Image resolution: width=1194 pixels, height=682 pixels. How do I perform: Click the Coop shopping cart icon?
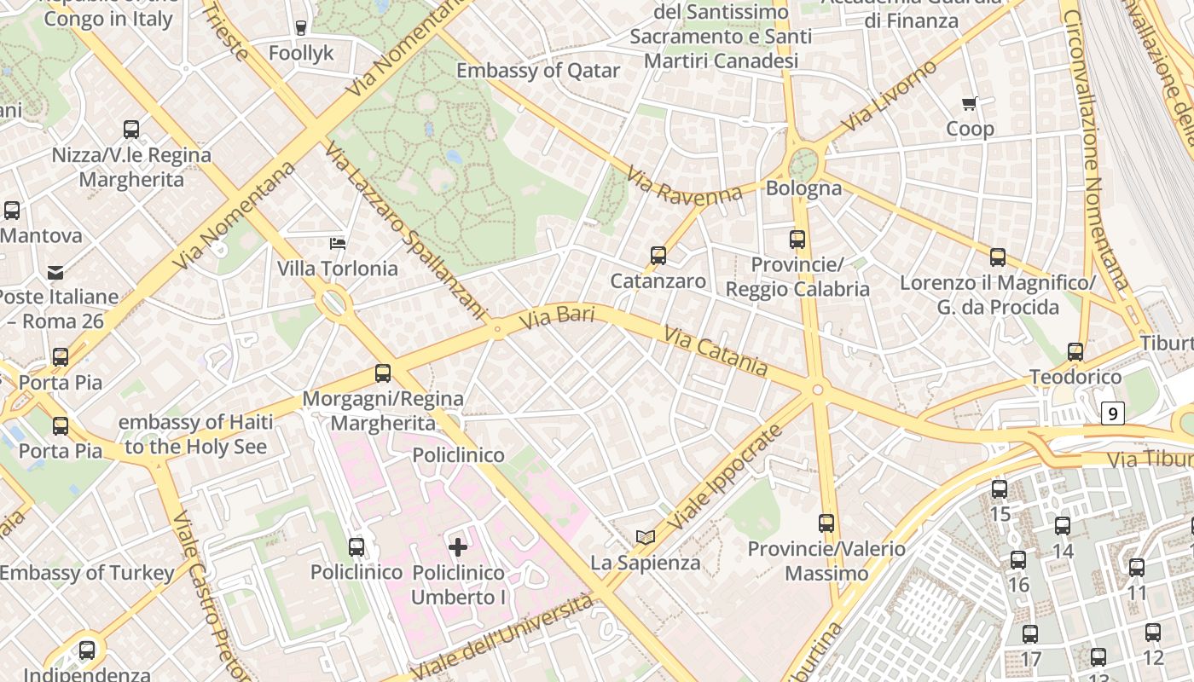click(x=969, y=104)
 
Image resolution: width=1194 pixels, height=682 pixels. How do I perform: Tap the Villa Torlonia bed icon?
click(x=338, y=244)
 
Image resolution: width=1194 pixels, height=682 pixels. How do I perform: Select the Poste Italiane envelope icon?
click(x=55, y=273)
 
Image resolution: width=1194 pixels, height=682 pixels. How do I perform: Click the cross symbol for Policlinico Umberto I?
click(x=458, y=546)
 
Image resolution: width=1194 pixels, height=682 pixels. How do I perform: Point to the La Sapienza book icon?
click(x=646, y=537)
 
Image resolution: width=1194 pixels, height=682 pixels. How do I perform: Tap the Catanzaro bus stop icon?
click(x=658, y=256)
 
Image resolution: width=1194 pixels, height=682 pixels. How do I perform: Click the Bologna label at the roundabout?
click(x=803, y=188)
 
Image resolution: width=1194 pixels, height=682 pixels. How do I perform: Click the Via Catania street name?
click(x=715, y=352)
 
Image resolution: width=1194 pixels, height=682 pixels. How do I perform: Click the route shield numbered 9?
click(x=1112, y=414)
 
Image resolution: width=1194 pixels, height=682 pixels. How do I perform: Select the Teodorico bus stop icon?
click(x=1075, y=352)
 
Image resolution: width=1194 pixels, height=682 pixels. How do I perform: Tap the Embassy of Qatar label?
click(x=537, y=71)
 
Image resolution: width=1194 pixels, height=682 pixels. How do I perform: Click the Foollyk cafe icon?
click(x=300, y=28)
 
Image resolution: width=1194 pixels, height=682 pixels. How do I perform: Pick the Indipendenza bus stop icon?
click(x=87, y=650)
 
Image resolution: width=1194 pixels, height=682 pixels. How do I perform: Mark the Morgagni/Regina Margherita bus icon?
click(x=382, y=373)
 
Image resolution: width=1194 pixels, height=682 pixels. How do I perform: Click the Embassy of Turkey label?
click(x=86, y=573)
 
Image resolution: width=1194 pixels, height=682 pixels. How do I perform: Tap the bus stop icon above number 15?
click(x=1000, y=489)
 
